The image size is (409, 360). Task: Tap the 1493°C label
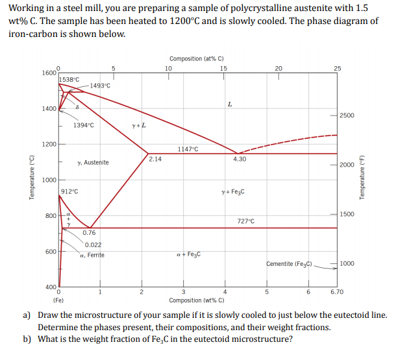[x=100, y=86]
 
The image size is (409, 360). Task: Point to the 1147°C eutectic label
[x=187, y=149]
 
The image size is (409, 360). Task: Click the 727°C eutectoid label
[x=246, y=222]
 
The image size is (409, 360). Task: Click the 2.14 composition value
[x=155, y=158]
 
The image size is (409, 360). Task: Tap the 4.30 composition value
[x=239, y=158]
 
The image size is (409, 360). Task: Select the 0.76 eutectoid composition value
[x=90, y=233]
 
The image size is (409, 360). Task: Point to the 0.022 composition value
[x=93, y=245]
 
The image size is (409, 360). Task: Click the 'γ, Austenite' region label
[x=93, y=163]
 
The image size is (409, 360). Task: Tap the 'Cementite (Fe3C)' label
[x=290, y=264]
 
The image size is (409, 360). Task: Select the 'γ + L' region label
[x=138, y=125]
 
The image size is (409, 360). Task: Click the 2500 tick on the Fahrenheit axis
[x=347, y=115]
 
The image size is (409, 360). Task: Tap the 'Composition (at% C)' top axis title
[x=195, y=58]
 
